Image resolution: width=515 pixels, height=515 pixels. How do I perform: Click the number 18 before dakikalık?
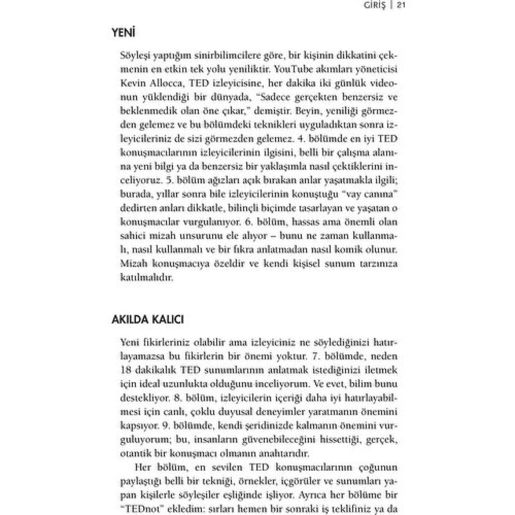pyautogui.click(x=126, y=370)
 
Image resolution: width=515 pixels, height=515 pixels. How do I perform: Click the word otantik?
pyautogui.click(x=136, y=453)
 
